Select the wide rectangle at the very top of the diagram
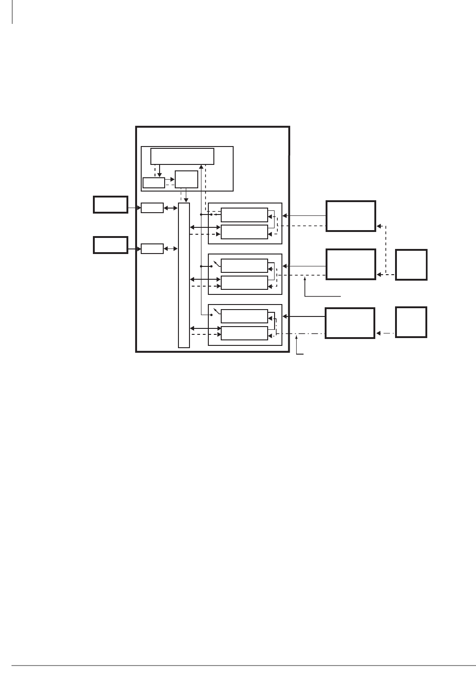click(182, 156)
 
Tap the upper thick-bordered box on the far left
click(110, 204)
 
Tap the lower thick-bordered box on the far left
click(110, 245)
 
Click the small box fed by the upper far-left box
click(152, 208)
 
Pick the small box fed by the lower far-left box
click(152, 249)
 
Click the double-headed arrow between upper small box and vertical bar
click(170, 208)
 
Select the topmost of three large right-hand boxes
click(350, 216)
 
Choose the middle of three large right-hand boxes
click(350, 264)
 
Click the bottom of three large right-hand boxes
click(350, 323)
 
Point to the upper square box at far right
click(411, 265)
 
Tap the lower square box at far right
click(411, 322)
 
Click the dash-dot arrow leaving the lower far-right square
click(385, 333)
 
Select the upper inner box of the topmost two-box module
click(244, 214)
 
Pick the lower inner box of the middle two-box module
click(244, 283)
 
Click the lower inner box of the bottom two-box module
click(244, 333)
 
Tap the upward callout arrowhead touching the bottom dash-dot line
click(297, 337)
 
